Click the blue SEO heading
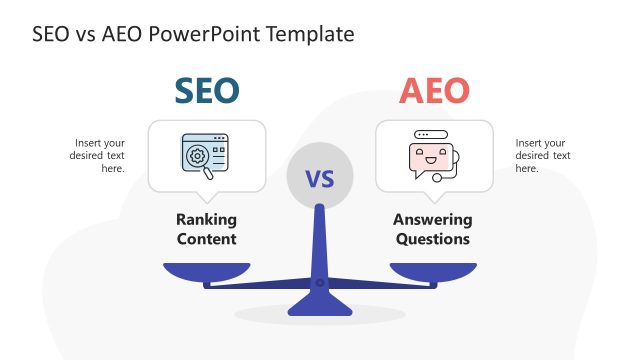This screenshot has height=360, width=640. [207, 91]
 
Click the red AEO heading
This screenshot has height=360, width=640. [433, 91]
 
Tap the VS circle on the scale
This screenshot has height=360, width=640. [319, 179]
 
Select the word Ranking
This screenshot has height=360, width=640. [206, 220]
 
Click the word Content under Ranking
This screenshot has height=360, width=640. [206, 239]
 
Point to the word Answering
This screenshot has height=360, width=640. [432, 220]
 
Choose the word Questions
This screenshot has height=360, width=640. [432, 239]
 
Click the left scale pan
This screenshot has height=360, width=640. [206, 270]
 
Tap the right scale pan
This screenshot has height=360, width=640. [433, 270]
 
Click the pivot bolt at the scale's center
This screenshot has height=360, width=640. [320, 283]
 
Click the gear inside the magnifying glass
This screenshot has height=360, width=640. [198, 156]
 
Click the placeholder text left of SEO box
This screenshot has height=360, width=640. [98, 155]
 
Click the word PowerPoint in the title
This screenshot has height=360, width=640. [197, 34]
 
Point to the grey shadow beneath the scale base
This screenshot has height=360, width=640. [320, 314]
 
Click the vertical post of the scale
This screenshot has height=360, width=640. [320, 240]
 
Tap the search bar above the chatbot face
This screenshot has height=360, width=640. [431, 134]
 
